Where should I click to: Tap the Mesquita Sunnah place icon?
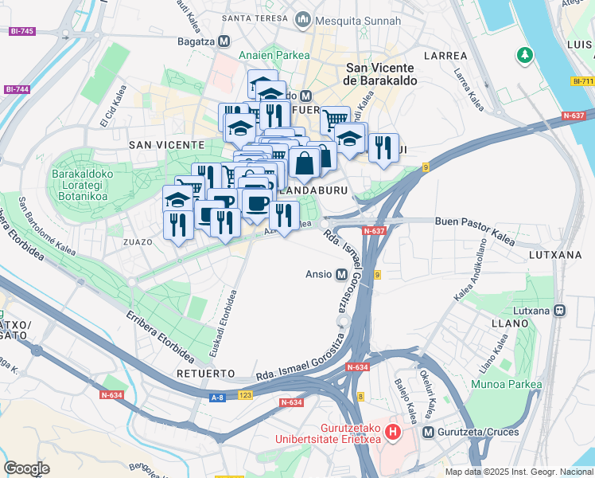pos(302,18)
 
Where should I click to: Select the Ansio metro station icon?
pos(342,274)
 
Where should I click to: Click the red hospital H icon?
pos(392,433)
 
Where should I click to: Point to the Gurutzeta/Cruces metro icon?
pos(430,433)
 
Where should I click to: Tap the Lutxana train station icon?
pos(560,310)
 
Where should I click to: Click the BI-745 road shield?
pos(21,31)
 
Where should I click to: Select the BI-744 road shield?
pos(17,89)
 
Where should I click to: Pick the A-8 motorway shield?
pos(217,396)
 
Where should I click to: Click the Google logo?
pos(26,468)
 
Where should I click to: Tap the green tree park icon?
pos(525,56)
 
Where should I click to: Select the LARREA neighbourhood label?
pos(445,56)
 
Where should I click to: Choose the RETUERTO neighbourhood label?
pos(206,373)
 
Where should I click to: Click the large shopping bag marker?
pos(305,164)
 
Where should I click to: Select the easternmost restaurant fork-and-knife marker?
pos(384,148)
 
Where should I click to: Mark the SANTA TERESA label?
pos(255,18)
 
